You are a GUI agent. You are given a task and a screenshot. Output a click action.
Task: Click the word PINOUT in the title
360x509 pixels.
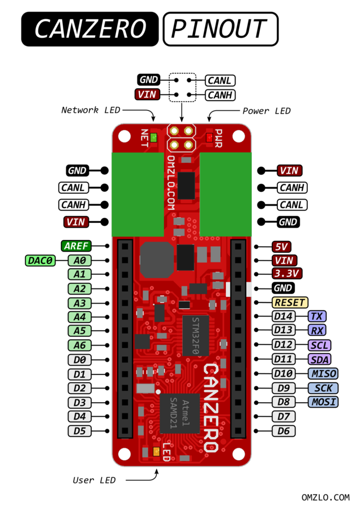pos(220,29)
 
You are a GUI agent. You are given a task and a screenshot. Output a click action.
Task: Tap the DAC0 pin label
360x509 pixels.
pos(40,260)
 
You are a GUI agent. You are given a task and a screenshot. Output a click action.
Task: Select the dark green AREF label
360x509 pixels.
pos(76,246)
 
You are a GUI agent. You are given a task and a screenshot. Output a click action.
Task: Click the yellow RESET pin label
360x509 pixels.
pos(290,303)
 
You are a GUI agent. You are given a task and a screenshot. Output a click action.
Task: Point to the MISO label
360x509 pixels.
pos(323,373)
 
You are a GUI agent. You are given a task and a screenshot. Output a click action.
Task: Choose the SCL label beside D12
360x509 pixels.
pos(319,345)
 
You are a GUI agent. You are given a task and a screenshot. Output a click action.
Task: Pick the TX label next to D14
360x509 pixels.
pos(316,317)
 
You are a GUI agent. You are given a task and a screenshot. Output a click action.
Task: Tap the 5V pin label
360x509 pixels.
pos(281,246)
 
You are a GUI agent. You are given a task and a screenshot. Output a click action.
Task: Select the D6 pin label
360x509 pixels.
pos(282,431)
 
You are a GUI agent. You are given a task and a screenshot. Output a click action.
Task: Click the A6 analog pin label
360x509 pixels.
pos(79,345)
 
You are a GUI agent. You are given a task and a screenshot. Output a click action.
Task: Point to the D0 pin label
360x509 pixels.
pos(79,360)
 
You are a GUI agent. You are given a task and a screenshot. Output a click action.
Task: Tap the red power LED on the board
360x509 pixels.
pos(209,137)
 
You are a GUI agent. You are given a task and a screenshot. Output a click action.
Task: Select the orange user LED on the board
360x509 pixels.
pos(156,451)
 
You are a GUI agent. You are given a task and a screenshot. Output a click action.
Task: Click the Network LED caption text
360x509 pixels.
pos(91,110)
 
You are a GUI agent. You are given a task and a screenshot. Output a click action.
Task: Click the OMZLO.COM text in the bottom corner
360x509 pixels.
pos(326,497)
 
